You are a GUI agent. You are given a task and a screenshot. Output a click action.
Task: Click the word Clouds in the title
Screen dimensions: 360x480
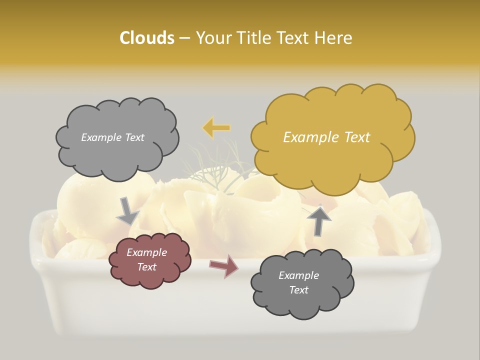[147, 38]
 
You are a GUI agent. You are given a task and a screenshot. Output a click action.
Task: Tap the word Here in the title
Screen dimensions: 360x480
[333, 38]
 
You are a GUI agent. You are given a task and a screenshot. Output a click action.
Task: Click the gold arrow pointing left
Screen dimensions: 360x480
[216, 128]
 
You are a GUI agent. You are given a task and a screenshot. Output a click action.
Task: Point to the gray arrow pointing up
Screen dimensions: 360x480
[319, 220]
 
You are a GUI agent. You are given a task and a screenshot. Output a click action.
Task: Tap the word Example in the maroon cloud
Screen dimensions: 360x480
[146, 252]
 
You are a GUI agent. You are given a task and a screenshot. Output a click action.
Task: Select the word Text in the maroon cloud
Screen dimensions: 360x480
[146, 267]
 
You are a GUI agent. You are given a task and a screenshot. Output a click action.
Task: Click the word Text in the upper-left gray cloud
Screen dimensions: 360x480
[134, 137]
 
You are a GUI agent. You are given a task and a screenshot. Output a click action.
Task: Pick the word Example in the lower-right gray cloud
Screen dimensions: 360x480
[298, 275]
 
